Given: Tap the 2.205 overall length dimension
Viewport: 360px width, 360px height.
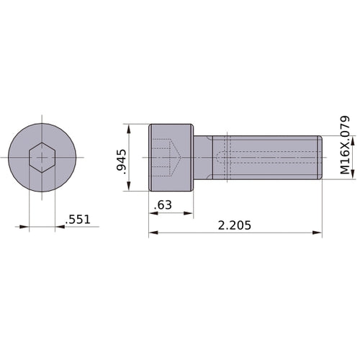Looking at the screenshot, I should [234, 225].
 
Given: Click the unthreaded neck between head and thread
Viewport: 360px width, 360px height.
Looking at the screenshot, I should [203, 158].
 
